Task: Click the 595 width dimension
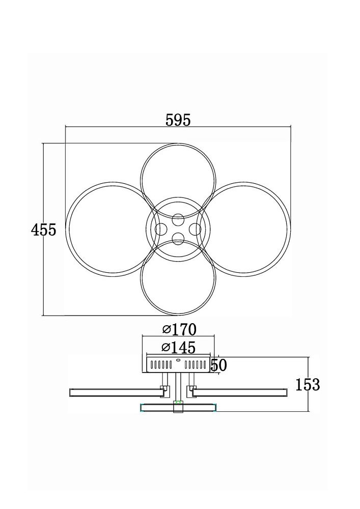(178, 120)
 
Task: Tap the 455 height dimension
(43, 230)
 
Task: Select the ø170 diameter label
(179, 330)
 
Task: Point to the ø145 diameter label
(179, 348)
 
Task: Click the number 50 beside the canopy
(219, 365)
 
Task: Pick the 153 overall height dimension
(308, 385)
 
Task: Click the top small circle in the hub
(178, 220)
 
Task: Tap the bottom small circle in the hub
(178, 239)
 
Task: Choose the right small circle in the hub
(195, 230)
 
